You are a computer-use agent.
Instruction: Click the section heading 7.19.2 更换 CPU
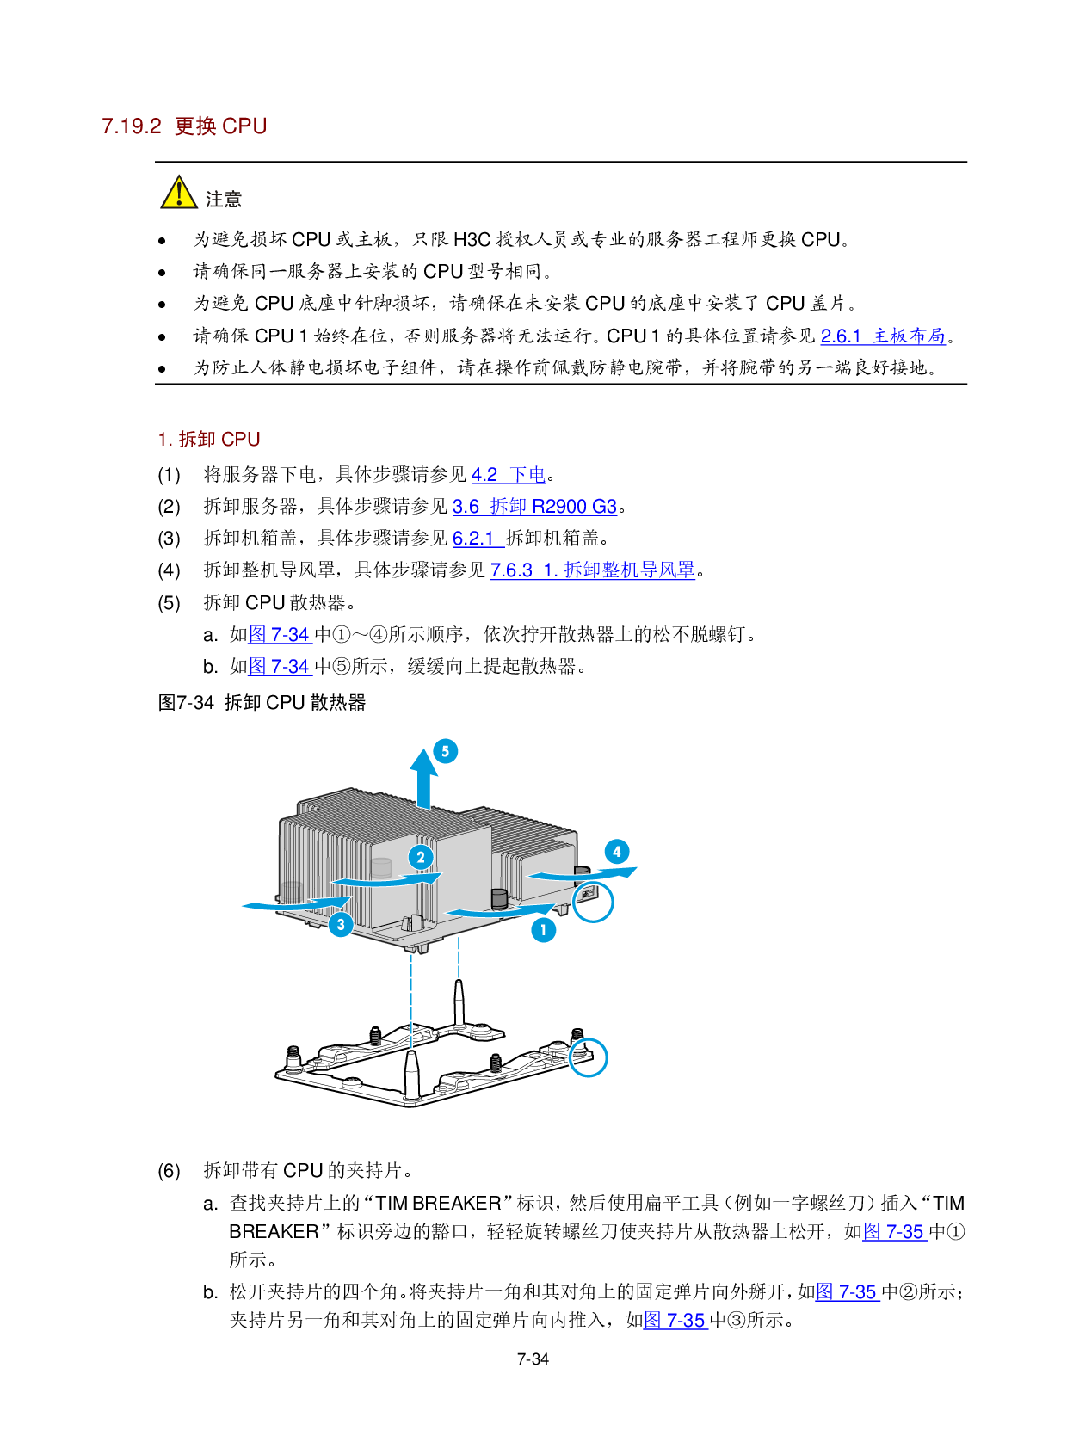tap(184, 126)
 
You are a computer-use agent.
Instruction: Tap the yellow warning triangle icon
tap(179, 194)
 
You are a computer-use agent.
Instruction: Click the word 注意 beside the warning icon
tap(224, 200)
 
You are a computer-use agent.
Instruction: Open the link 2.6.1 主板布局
tap(883, 336)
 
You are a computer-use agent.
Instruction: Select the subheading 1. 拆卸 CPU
tap(209, 440)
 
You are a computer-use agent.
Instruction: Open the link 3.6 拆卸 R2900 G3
tap(534, 507)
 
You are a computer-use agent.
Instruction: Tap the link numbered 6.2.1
tap(475, 539)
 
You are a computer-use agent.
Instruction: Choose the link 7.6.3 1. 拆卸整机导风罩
tap(593, 570)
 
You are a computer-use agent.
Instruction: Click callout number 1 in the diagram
tap(543, 930)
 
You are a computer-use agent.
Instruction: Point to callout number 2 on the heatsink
tap(421, 857)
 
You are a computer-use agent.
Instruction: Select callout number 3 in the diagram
tap(341, 925)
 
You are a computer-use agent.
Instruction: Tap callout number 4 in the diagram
tap(617, 852)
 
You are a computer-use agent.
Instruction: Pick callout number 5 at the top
tap(445, 751)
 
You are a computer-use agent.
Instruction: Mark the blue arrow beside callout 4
tap(583, 874)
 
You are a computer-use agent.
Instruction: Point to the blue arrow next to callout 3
tap(293, 903)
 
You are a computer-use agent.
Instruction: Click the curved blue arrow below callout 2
tap(387, 879)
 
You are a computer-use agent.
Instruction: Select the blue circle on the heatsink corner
tap(593, 902)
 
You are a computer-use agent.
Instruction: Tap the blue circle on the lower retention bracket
tap(589, 1057)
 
